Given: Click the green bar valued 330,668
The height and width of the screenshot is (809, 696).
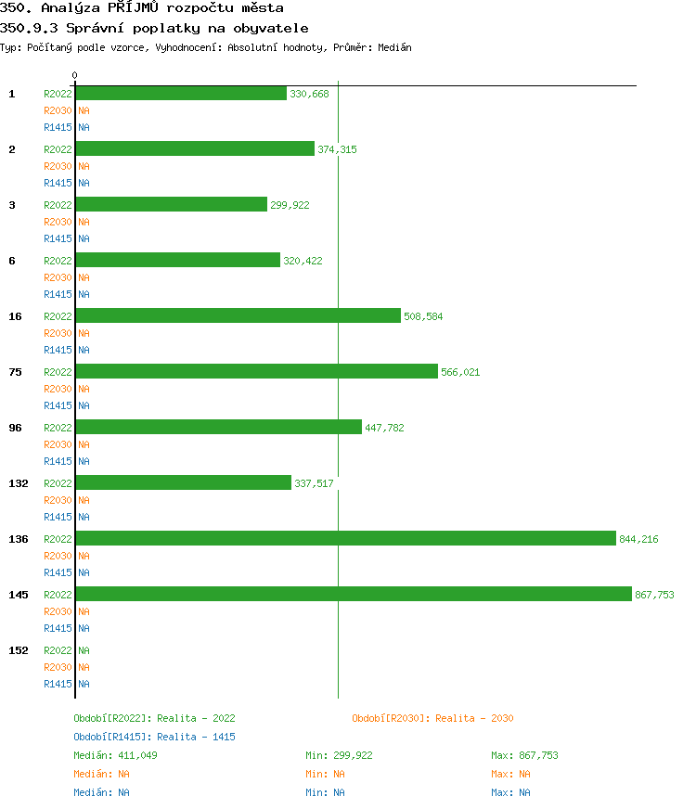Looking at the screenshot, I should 181,94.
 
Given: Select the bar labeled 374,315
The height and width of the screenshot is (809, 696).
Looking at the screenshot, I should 195,149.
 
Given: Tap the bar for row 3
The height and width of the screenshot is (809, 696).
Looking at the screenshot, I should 171,205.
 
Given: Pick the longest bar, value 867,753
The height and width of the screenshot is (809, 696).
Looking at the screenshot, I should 353,595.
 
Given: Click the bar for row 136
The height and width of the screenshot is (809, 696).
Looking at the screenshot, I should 345,539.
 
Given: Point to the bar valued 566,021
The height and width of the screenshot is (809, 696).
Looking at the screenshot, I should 256,372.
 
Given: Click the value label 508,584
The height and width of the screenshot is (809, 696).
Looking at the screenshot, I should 423,316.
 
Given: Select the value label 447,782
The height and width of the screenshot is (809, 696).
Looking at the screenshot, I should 384,428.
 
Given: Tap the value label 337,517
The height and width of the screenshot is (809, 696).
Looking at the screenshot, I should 314,483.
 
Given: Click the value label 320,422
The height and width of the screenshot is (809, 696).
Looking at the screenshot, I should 303,261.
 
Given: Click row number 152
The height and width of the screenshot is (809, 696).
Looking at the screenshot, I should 18,650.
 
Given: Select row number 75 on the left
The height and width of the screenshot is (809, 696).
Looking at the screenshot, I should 15,372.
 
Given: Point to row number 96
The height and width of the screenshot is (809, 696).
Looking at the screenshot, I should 15,428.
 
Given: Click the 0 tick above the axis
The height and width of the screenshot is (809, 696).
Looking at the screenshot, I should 75,76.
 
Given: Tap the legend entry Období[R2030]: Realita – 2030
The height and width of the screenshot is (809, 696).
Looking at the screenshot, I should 432,718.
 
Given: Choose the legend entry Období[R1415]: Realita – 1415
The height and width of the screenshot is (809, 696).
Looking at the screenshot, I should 154,737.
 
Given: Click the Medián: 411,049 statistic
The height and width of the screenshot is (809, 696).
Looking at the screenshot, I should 116,755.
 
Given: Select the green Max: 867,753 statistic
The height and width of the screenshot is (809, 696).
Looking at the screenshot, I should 524,755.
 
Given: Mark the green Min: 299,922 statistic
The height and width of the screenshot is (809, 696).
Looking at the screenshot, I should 339,755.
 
